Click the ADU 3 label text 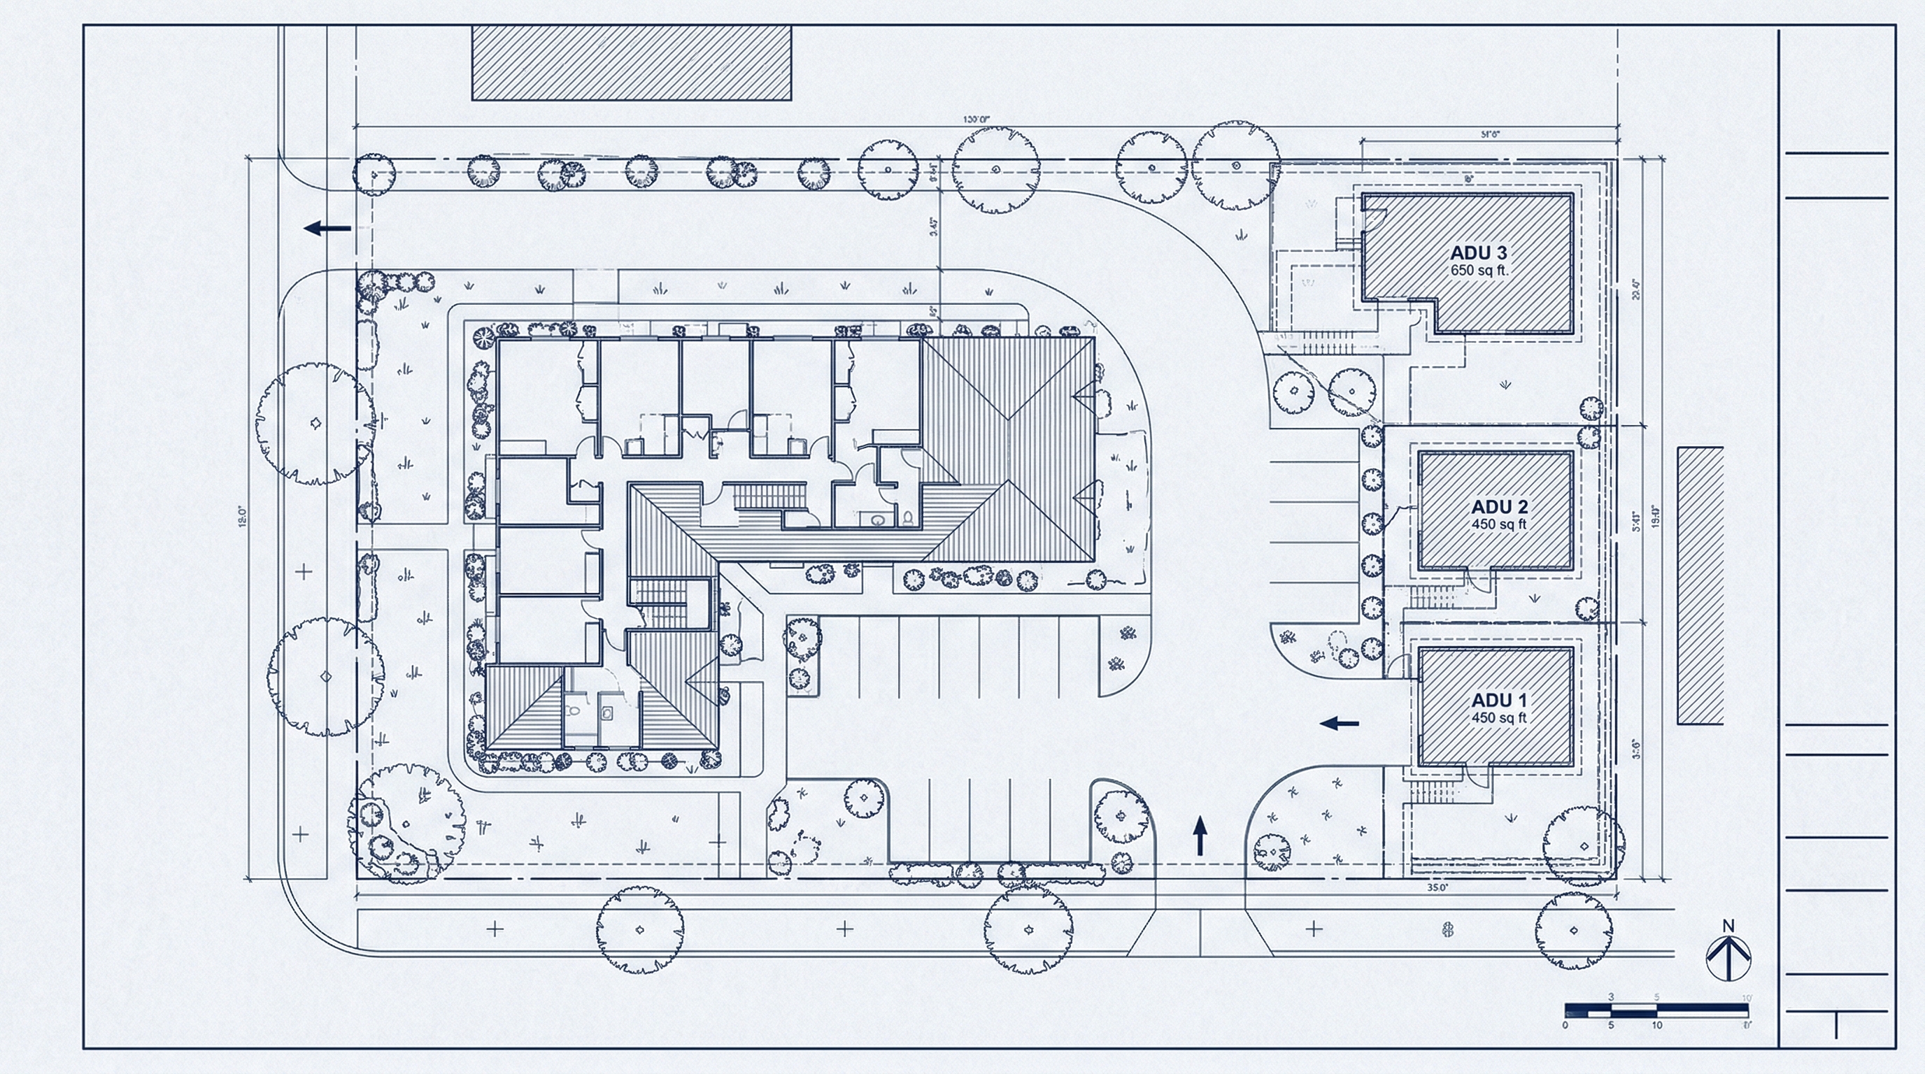click(1479, 253)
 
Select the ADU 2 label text click(1499, 507)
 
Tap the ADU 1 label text click(1499, 701)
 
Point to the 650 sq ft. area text click(1479, 271)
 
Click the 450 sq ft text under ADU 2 click(1499, 524)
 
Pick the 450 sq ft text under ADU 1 click(1499, 717)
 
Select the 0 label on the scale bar click(1565, 1025)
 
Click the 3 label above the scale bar click(1611, 997)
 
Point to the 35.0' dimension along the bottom click(1437, 888)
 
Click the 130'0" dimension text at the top click(976, 120)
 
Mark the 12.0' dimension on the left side click(241, 517)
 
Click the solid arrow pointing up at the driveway click(1200, 835)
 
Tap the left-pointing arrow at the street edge click(327, 228)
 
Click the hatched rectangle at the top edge click(632, 63)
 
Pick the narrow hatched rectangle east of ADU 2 click(1700, 585)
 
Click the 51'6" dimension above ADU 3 click(1490, 134)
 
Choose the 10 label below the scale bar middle click(1656, 1025)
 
